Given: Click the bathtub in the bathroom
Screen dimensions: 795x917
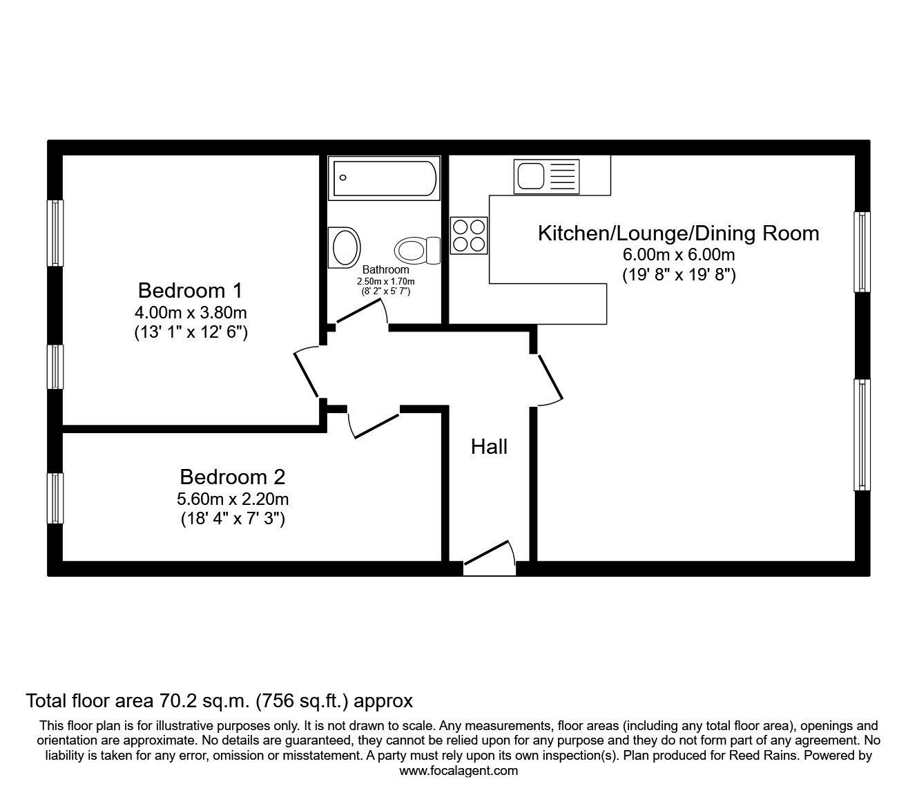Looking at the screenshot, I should click(x=385, y=178).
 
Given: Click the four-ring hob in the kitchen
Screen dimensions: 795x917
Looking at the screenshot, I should click(x=469, y=235).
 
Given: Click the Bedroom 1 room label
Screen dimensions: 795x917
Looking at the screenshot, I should click(x=190, y=289).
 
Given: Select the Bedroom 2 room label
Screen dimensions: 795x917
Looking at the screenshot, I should click(x=232, y=477).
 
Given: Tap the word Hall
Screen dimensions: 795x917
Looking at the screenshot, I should click(x=489, y=447).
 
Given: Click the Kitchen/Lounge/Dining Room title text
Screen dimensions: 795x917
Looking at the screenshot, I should click(x=678, y=233).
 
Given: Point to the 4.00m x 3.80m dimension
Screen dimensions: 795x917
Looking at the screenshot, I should click(x=190, y=312).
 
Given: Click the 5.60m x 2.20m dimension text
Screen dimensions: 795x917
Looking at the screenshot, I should click(x=232, y=499).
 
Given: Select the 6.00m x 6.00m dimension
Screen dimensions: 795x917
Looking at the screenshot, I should click(x=678, y=255).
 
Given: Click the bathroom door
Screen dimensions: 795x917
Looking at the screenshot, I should click(x=360, y=314).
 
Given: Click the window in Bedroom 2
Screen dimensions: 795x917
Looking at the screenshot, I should click(x=55, y=498).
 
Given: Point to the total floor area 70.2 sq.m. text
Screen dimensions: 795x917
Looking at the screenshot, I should click(x=219, y=701).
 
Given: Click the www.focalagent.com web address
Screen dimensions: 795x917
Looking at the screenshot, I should click(x=458, y=771).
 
